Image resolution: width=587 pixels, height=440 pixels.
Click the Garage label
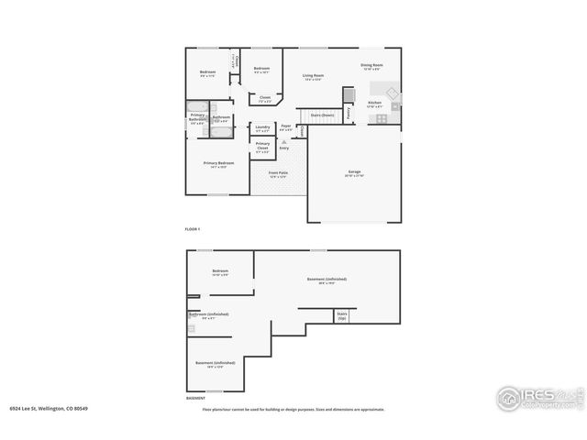[355, 173]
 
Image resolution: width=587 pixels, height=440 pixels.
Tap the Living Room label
[314, 76]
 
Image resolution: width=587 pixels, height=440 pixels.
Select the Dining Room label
[371, 65]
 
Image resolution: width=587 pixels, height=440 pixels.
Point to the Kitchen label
[375, 103]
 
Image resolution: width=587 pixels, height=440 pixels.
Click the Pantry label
[349, 113]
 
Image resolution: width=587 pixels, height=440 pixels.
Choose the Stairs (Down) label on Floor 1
[321, 115]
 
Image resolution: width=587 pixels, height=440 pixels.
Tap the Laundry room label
[262, 128]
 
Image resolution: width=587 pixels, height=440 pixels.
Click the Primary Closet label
[262, 146]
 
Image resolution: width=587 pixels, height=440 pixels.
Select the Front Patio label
[279, 173]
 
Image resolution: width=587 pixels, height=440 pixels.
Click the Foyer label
[286, 126]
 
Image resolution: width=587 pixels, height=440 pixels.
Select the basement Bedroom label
[220, 271]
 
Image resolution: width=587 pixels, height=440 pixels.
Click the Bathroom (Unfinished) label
[208, 314]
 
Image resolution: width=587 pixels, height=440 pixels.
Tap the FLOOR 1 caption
[193, 228]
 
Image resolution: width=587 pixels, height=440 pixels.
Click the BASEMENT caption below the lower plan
[195, 399]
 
